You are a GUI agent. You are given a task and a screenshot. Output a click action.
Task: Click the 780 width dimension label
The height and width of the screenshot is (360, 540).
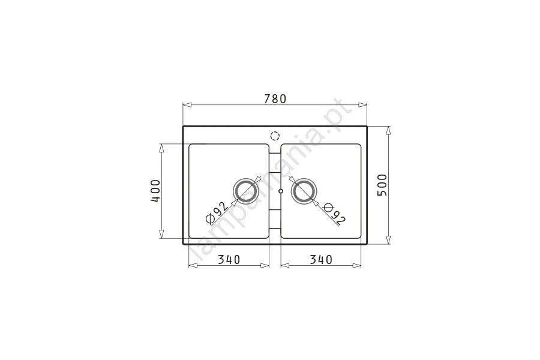pos(275,99)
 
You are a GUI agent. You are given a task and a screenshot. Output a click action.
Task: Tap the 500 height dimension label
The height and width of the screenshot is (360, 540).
pos(383,185)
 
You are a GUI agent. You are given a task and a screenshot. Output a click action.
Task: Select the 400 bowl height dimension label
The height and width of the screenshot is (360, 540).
pos(155,191)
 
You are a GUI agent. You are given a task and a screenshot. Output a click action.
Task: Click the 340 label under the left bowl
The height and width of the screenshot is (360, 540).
pos(229,259)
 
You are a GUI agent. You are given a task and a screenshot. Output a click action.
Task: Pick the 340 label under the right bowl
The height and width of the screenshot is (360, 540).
pos(321,259)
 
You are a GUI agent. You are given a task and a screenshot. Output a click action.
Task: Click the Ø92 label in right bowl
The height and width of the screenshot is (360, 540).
pos(334,214)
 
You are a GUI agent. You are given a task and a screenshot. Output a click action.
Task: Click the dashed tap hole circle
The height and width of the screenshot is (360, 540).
pos(275,132)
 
